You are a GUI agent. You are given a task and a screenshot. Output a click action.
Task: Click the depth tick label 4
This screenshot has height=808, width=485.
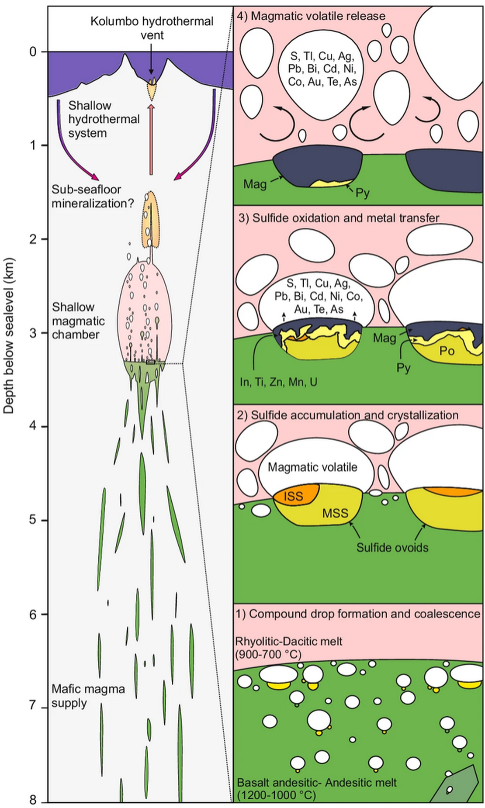[x=33, y=426]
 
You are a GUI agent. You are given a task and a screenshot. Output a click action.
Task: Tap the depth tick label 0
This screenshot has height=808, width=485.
[x=33, y=52]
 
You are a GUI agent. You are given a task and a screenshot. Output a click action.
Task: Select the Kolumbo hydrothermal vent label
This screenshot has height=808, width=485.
[x=152, y=28]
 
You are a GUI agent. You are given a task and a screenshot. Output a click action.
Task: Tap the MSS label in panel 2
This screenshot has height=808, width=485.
[x=335, y=513]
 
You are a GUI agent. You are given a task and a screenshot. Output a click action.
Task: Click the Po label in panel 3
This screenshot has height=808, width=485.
[x=447, y=351]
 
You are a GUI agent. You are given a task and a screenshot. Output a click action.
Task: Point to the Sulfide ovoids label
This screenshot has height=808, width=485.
[x=392, y=548]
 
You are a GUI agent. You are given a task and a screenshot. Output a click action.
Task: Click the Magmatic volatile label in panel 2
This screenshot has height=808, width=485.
[x=312, y=467]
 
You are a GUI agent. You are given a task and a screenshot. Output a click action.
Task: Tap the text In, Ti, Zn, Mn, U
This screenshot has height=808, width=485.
[x=279, y=382]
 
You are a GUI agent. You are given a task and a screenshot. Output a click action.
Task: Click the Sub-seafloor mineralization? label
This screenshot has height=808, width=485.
[x=93, y=197]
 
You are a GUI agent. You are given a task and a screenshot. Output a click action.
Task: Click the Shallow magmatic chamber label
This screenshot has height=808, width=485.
[x=79, y=321]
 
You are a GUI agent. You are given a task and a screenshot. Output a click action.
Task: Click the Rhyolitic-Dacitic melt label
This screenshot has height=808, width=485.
[x=289, y=642]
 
